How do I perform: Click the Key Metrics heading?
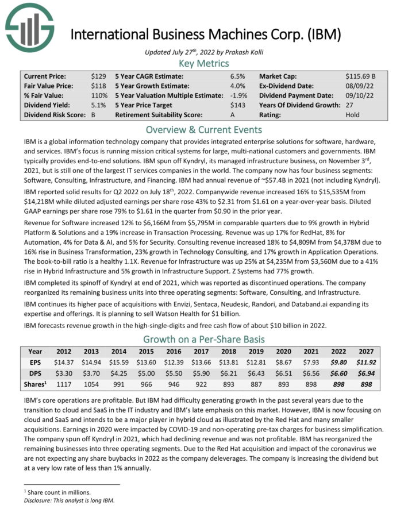(x=204, y=63)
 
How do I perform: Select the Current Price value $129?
(x=98, y=76)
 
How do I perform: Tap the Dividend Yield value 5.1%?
(x=98, y=105)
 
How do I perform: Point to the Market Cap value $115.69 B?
(x=360, y=76)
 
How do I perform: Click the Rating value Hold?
(x=353, y=115)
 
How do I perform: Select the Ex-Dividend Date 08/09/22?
(x=359, y=86)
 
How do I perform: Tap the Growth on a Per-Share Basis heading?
(x=204, y=338)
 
